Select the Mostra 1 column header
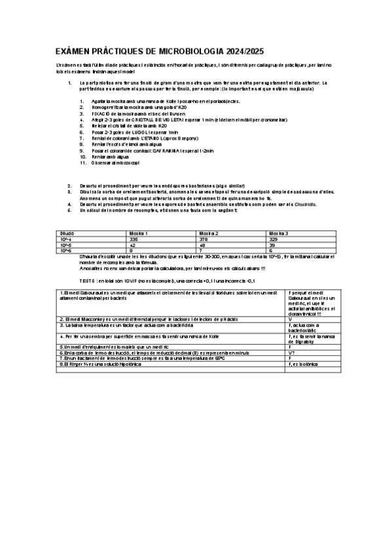[138, 233]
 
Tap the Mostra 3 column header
[279, 233]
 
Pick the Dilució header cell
[67, 233]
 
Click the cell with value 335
[134, 239]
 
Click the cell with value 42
[132, 245]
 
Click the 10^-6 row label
[65, 250]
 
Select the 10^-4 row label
[65, 239]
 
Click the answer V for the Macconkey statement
[290, 319]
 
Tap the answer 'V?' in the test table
[291, 352]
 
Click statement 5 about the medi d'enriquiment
[105, 346]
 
